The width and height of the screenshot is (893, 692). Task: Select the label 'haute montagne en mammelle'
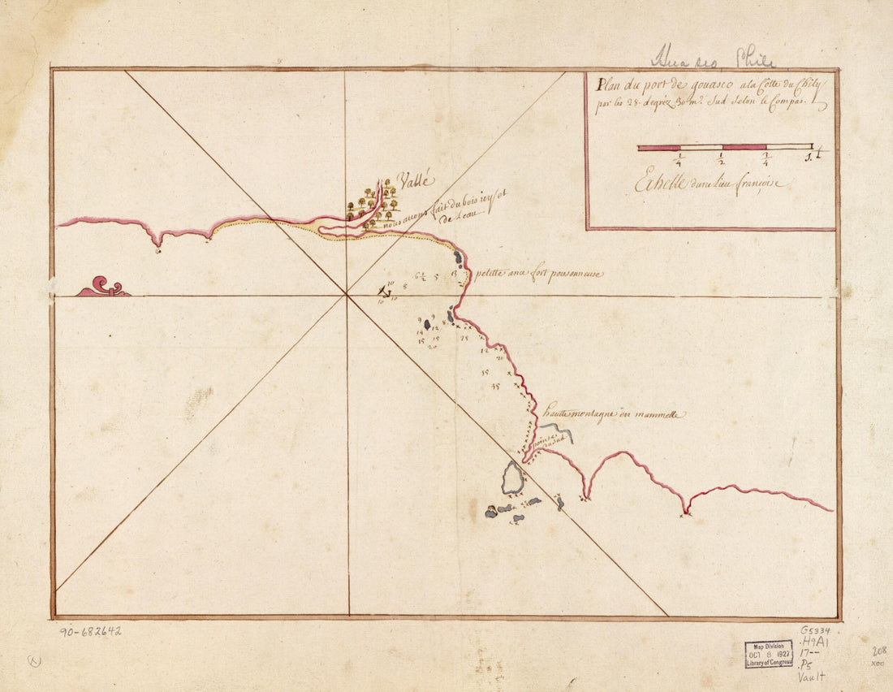click(x=615, y=414)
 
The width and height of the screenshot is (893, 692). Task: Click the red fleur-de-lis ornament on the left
click(x=104, y=287)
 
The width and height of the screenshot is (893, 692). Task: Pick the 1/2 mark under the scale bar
click(x=722, y=158)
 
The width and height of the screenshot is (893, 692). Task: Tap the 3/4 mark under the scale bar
click(x=766, y=158)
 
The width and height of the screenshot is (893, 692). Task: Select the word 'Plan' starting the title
click(x=607, y=83)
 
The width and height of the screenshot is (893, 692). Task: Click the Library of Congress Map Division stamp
click(x=768, y=654)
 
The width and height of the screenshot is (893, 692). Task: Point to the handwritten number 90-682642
click(x=91, y=630)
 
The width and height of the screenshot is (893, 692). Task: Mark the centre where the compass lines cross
click(x=347, y=295)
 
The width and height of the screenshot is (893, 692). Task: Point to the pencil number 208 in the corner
click(x=877, y=651)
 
